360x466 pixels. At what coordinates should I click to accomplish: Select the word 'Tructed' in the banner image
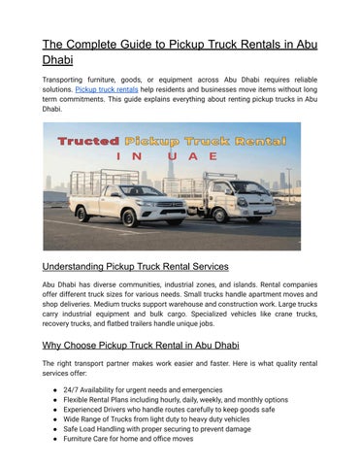tap(88, 142)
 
